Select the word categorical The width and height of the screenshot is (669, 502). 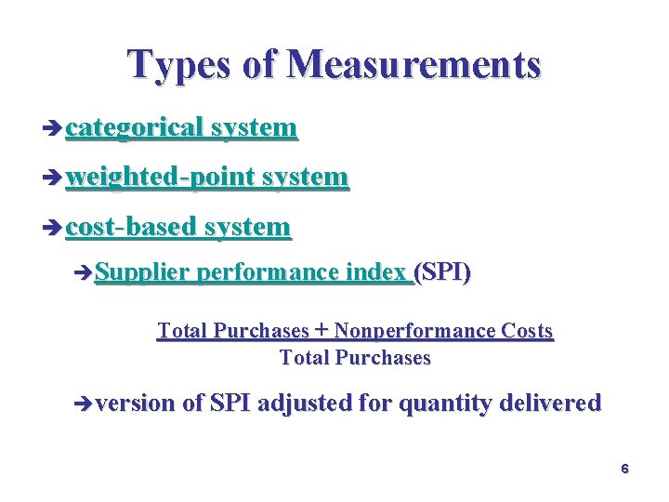[134, 128]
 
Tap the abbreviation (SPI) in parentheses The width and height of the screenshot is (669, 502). [443, 272]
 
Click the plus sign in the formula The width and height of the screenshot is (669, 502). [321, 330]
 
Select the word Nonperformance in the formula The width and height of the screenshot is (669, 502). [414, 331]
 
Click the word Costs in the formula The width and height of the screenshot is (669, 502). [527, 331]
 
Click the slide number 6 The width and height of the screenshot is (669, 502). [625, 469]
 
